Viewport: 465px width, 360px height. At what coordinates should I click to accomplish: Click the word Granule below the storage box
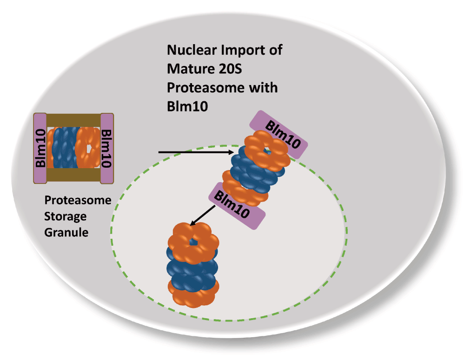tap(66, 232)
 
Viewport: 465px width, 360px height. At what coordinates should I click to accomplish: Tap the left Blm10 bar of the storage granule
tap(40, 148)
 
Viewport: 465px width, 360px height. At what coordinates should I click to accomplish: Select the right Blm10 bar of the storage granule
tap(106, 148)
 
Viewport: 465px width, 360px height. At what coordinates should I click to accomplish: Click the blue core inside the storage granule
tap(65, 148)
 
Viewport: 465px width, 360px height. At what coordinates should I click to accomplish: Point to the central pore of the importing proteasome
tap(266, 149)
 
